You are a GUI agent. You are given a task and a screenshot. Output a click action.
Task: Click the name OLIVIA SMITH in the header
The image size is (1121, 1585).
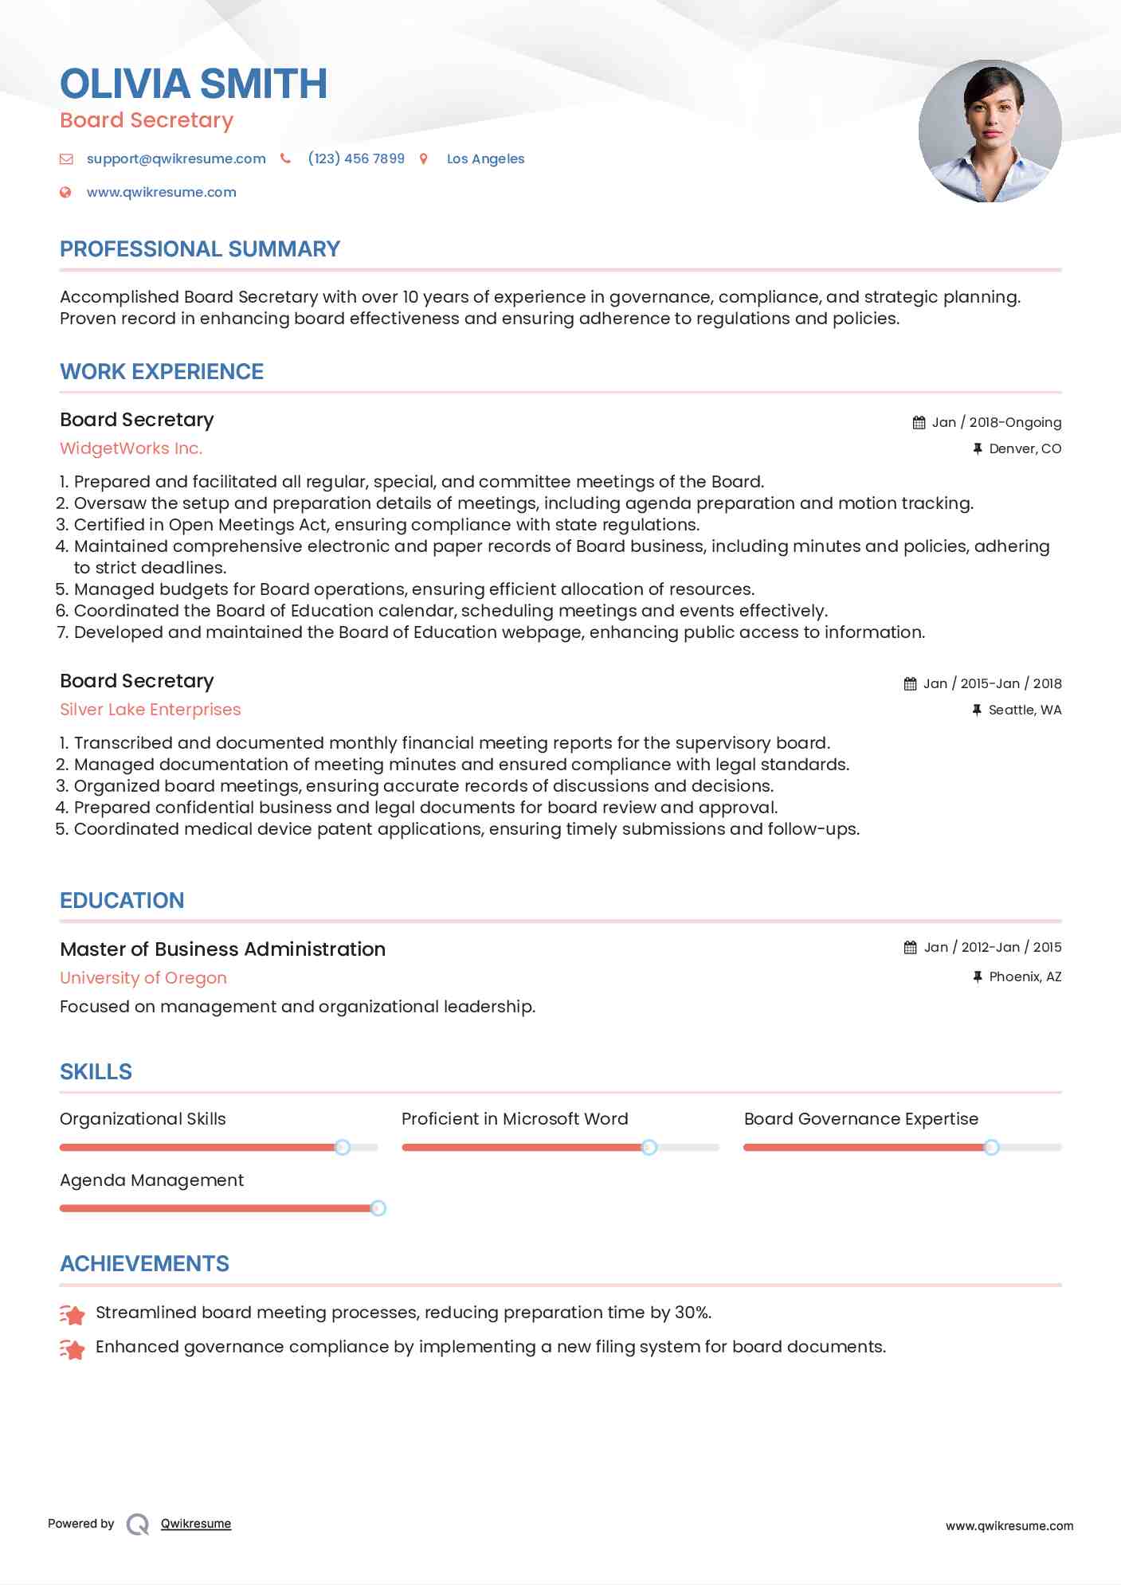tap(194, 84)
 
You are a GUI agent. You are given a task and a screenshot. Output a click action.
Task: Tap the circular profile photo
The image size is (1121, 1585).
tap(990, 131)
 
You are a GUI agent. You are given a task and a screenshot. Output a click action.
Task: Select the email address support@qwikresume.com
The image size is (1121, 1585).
tap(176, 158)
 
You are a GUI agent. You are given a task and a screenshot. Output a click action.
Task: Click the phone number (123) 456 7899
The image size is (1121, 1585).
tap(356, 158)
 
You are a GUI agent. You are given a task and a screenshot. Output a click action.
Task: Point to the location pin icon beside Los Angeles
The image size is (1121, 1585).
tap(424, 159)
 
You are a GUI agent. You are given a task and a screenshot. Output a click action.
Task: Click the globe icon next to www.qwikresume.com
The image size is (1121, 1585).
tap(66, 192)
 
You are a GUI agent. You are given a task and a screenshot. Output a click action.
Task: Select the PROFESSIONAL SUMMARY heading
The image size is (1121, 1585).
tap(200, 249)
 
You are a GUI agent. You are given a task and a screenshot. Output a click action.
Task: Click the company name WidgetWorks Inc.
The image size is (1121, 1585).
tap(131, 448)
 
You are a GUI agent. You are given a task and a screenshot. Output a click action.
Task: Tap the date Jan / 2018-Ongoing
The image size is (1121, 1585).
tap(996, 422)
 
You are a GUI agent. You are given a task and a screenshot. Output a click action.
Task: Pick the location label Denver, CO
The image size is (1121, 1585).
tap(1025, 448)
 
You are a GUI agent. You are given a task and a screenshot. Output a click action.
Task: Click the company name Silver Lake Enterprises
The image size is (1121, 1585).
tap(151, 710)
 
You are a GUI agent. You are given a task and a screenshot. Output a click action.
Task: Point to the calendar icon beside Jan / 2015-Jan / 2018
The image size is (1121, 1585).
tap(910, 683)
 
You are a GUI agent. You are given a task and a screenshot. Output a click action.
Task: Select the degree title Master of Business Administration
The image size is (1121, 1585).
tap(223, 949)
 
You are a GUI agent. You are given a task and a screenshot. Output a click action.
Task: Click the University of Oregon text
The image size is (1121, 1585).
tap(143, 978)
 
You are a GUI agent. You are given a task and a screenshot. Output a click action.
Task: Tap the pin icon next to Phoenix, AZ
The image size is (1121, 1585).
tap(978, 976)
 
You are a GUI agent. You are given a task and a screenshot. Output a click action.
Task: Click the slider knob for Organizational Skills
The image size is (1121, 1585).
tap(343, 1147)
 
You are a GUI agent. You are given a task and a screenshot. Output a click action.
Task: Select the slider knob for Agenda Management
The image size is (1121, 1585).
tap(378, 1208)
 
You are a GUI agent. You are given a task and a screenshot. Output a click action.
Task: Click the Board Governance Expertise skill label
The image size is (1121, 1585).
tap(861, 1119)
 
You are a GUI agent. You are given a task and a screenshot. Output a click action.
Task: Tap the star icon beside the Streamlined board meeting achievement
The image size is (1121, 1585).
tap(73, 1314)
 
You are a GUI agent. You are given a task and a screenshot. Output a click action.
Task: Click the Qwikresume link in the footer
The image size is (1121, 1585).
tap(196, 1524)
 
